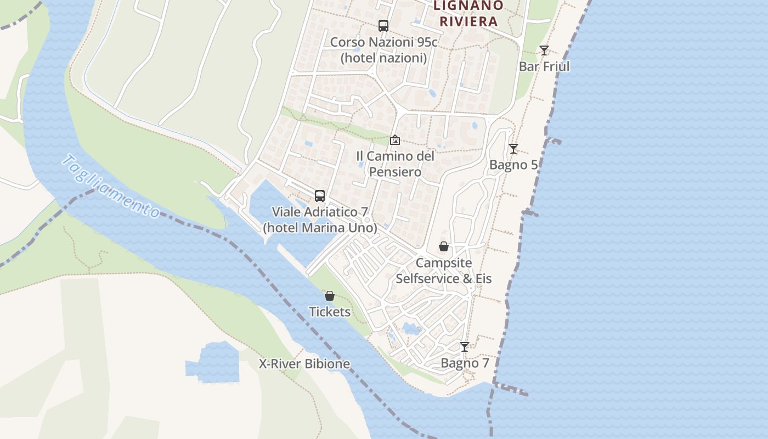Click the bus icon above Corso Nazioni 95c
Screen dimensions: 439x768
[383, 25]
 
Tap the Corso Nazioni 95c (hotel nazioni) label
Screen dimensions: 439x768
[383, 50]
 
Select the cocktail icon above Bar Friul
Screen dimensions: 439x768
[544, 50]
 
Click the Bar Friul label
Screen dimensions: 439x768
[544, 66]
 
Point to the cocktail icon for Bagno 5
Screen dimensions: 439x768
[513, 149]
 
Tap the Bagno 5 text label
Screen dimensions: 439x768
[513, 165]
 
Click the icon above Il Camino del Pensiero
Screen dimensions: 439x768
[394, 140]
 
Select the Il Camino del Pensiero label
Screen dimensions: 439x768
[395, 164]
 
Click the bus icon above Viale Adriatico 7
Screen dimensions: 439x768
[320, 196]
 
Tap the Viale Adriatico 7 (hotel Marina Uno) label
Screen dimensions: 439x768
[320, 219]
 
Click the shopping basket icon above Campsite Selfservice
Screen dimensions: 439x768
[443, 247]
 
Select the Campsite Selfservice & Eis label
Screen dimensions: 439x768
[443, 271]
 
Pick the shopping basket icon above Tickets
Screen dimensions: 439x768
[330, 296]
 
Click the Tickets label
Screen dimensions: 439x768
[330, 312]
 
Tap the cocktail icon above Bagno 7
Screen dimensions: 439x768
[465, 347]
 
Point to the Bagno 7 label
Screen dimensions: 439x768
[465, 363]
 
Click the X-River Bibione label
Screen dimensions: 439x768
[304, 364]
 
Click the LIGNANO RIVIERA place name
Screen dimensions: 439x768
[468, 14]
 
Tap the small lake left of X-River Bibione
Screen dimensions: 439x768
[214, 363]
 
